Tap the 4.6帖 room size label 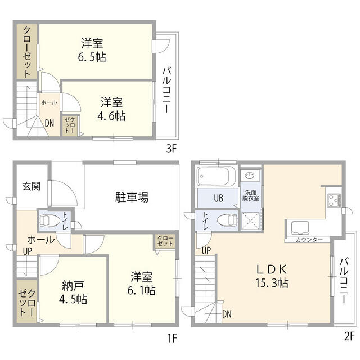pyautogui.click(x=112, y=116)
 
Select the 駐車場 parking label pyautogui.click(x=132, y=197)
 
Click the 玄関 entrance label pyautogui.click(x=31, y=186)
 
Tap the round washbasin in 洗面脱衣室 pyautogui.click(x=250, y=176)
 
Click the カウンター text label pyautogui.click(x=309, y=240)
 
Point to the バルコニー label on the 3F pyautogui.click(x=168, y=90)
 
